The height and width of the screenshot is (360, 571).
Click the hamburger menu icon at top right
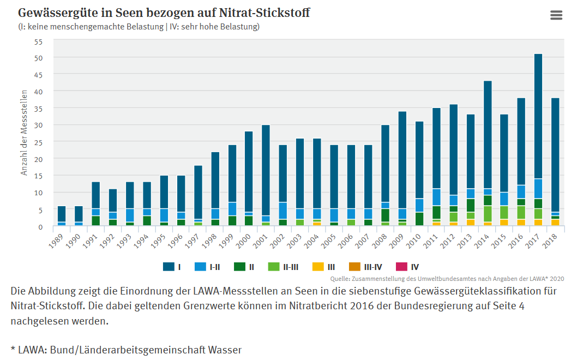point(556,15)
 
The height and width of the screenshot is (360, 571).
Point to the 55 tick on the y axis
point(38,41)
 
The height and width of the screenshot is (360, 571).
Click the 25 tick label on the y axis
point(38,142)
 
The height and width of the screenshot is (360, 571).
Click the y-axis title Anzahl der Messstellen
point(24,134)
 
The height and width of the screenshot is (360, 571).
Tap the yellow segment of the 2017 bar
point(538,223)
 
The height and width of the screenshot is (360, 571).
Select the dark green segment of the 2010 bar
point(419,219)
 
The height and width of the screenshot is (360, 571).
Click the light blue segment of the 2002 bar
point(283,211)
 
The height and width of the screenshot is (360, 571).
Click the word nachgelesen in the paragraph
point(45,321)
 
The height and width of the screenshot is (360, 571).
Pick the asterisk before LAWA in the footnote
point(13,349)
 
